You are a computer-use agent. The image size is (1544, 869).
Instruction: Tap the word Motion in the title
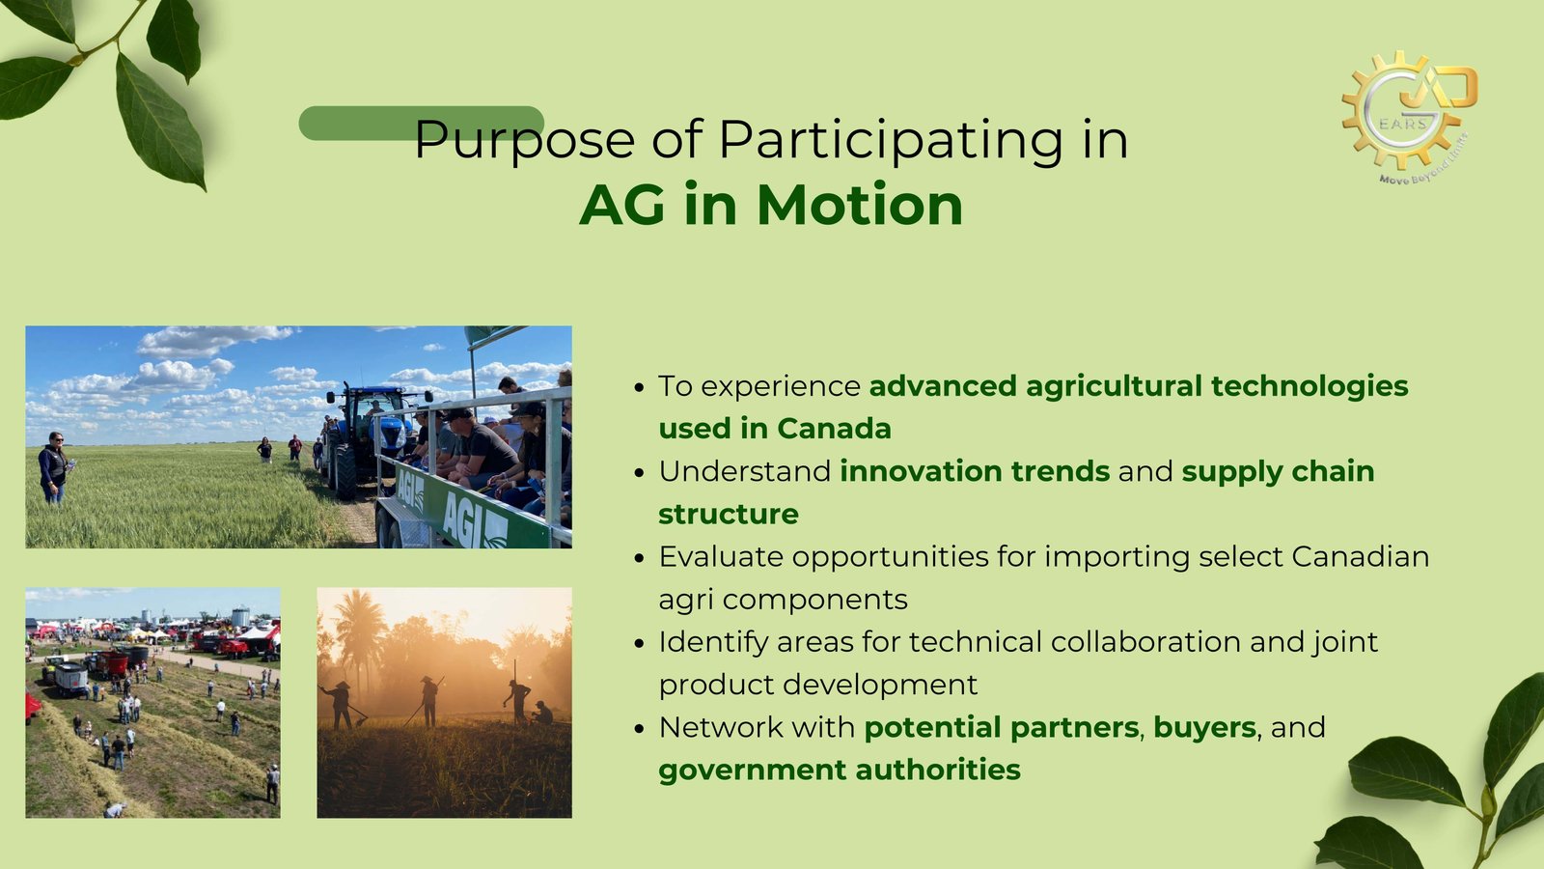pos(860,206)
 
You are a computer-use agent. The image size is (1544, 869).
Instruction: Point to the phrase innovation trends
pos(975,472)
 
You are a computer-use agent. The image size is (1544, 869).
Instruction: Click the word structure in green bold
pos(729,515)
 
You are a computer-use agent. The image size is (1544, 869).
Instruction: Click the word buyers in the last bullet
pos(1205,728)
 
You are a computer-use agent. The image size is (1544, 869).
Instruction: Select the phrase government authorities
pos(840,771)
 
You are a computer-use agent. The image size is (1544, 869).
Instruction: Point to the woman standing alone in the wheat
pos(53,467)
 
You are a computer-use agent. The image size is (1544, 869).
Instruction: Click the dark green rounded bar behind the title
pos(421,123)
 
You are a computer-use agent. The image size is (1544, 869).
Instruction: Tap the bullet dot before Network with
pos(639,728)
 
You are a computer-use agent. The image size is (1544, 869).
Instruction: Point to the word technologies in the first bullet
pos(1310,386)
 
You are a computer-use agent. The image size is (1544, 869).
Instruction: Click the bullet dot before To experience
pos(639,387)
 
